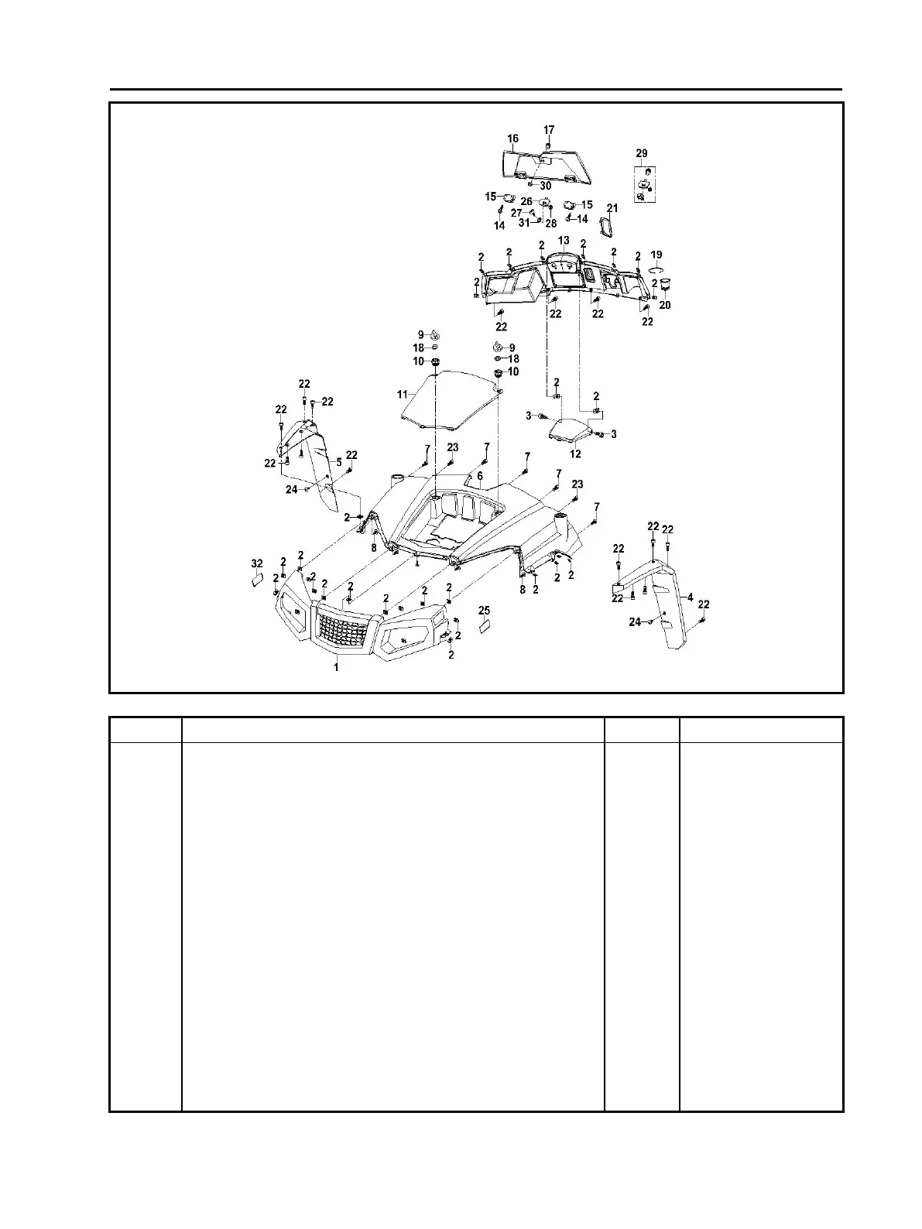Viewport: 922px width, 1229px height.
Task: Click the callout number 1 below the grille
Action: coord(336,666)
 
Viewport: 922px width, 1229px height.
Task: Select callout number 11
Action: coord(403,395)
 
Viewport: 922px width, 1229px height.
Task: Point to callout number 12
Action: coord(575,454)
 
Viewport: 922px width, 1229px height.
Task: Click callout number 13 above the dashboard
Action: coord(564,241)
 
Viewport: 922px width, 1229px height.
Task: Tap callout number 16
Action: coord(512,139)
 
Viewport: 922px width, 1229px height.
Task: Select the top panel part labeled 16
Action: coord(542,165)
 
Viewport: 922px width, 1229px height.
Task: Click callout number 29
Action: coord(642,153)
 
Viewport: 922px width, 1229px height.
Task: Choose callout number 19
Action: coord(656,255)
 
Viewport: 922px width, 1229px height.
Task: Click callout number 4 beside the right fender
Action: coord(690,597)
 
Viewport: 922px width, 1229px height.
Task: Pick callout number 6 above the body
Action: coord(480,476)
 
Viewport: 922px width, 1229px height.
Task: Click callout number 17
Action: coord(549,129)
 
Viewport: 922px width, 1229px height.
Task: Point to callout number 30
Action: coord(546,187)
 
